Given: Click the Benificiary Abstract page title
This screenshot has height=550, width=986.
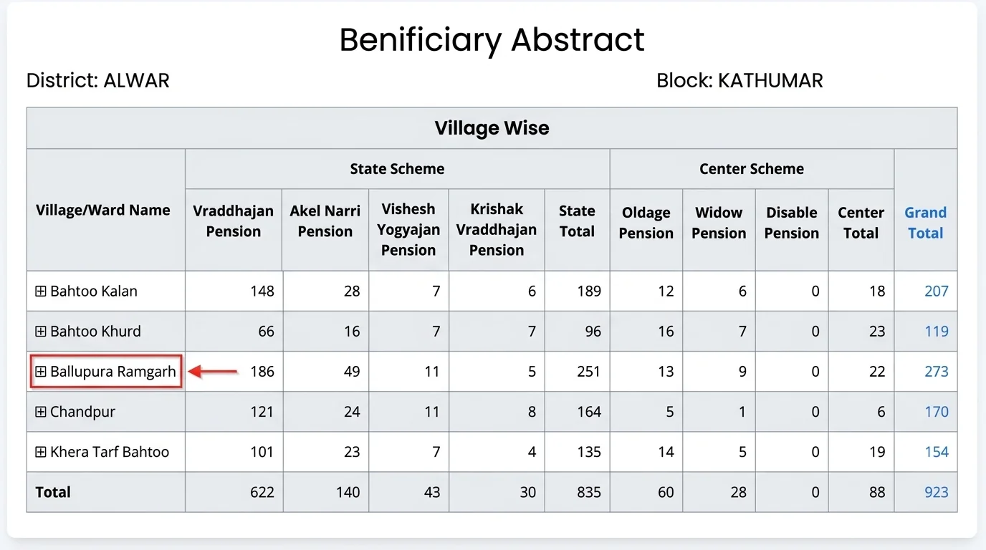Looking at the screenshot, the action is (492, 40).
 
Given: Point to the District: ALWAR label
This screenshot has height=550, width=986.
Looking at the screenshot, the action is (97, 80).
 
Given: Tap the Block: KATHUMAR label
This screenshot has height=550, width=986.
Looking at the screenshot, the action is (739, 80).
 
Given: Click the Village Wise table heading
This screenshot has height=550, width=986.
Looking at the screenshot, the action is (492, 128).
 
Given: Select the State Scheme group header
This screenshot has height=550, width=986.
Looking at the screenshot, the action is (397, 169).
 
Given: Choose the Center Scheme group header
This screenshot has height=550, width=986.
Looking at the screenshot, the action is (752, 169).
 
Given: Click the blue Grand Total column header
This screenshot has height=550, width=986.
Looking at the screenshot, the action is (925, 223).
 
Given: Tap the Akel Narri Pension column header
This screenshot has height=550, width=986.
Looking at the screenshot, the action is (325, 221).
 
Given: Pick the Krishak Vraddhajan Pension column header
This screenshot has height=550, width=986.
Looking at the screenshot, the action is (496, 229).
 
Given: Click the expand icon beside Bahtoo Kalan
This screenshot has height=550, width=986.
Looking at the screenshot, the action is (41, 291).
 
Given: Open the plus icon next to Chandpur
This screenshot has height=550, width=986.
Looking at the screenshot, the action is (41, 411).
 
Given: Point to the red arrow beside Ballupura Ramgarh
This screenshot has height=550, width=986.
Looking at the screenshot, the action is (213, 372).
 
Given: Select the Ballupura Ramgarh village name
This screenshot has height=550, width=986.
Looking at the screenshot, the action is (113, 372).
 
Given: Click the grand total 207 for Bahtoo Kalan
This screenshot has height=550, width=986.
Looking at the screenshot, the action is (937, 291).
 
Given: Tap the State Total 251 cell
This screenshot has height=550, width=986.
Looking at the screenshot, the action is (588, 372).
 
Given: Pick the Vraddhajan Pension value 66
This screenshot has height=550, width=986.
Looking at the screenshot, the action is (266, 332).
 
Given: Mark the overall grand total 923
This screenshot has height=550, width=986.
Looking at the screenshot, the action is (937, 492).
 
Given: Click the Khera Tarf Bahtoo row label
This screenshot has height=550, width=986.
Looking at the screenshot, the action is (109, 452).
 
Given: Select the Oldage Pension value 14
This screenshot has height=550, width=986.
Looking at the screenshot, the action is (666, 452).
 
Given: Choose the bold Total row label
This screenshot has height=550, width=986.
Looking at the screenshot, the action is (53, 492).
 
